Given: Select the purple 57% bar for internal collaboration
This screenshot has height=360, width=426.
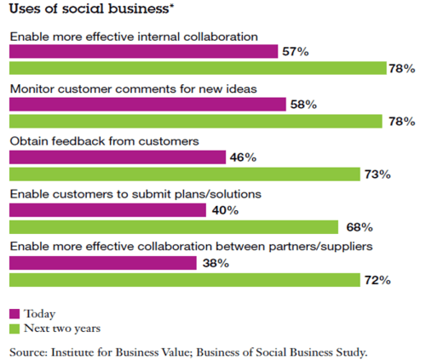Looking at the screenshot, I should [143, 52].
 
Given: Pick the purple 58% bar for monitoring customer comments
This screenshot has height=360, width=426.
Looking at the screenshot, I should [147, 105].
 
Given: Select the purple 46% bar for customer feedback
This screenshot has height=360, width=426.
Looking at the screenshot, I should [118, 157].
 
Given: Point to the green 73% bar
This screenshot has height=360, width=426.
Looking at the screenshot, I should [184, 174].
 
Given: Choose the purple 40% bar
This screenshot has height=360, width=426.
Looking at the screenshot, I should [107, 210].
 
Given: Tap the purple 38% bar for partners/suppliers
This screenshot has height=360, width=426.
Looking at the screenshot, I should [102, 263].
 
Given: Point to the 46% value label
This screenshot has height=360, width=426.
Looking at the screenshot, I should [243, 157].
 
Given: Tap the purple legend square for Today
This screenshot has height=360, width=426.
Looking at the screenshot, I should [14, 313].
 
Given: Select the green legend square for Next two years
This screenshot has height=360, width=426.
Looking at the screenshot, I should [14, 328].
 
